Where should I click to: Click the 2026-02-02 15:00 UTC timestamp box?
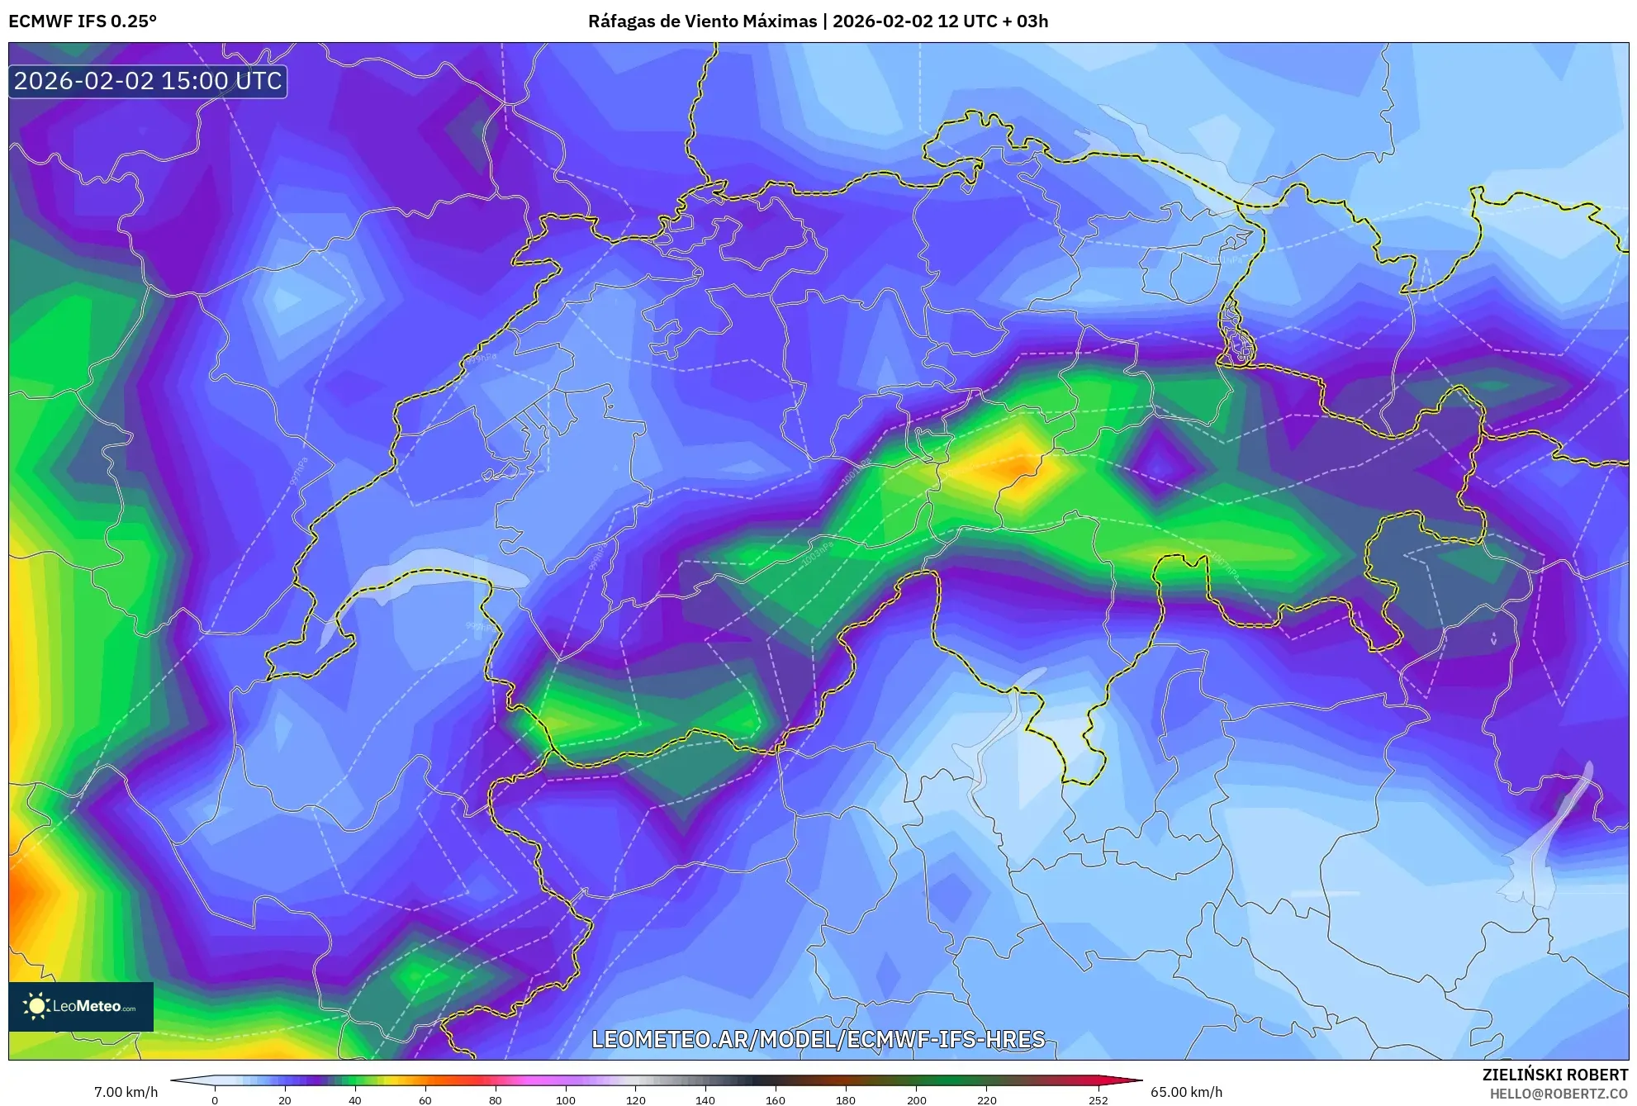148,81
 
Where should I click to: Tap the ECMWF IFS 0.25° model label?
83,21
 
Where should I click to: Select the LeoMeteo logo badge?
81,1006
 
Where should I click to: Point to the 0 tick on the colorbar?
215,1099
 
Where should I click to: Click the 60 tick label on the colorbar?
425,1099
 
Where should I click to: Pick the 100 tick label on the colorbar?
565,1099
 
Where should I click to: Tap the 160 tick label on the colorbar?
776,1099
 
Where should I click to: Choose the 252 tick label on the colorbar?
1098,1099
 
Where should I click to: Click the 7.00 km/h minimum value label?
126,1092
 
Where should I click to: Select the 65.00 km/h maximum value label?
1186,1092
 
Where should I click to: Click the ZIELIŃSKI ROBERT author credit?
1554,1075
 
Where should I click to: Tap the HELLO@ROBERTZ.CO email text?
1558,1094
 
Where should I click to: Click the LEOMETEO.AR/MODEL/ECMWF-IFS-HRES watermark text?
818,1039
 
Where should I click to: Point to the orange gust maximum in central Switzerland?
1013,468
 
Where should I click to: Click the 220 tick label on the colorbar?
986,1099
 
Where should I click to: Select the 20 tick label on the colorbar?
285,1099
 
